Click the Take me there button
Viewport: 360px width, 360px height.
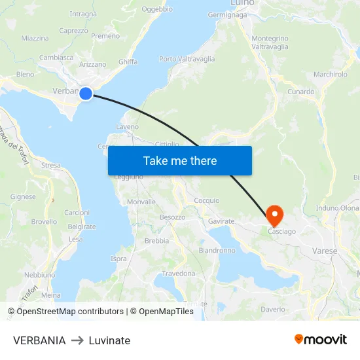pyautogui.click(x=180, y=160)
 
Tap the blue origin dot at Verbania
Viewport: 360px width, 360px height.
pyautogui.click(x=86, y=94)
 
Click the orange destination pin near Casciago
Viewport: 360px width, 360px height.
pyautogui.click(x=274, y=213)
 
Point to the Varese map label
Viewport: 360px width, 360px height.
pyautogui.click(x=325, y=251)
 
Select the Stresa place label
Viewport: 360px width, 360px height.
pyautogui.click(x=50, y=166)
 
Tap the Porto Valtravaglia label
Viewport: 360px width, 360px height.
pyautogui.click(x=187, y=59)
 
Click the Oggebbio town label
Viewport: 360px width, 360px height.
pyautogui.click(x=157, y=9)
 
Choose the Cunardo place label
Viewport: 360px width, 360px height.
pyautogui.click(x=301, y=92)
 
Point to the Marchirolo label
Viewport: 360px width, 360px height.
pyautogui.click(x=331, y=75)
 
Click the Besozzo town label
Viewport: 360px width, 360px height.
pyautogui.click(x=173, y=217)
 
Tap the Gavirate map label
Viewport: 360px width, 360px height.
pyautogui.click(x=221, y=221)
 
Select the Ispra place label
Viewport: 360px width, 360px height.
pyautogui.click(x=118, y=259)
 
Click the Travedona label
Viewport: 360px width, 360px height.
pyautogui.click(x=179, y=273)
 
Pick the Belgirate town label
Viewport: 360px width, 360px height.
pyautogui.click(x=82, y=226)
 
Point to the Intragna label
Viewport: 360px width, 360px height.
pyautogui.click(x=83, y=14)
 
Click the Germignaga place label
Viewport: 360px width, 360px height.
pyautogui.click(x=227, y=14)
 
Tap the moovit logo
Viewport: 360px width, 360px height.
pyautogui.click(x=321, y=339)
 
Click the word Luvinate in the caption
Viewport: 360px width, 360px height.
pyautogui.click(x=109, y=340)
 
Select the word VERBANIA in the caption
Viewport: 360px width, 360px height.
pyautogui.click(x=39, y=340)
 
